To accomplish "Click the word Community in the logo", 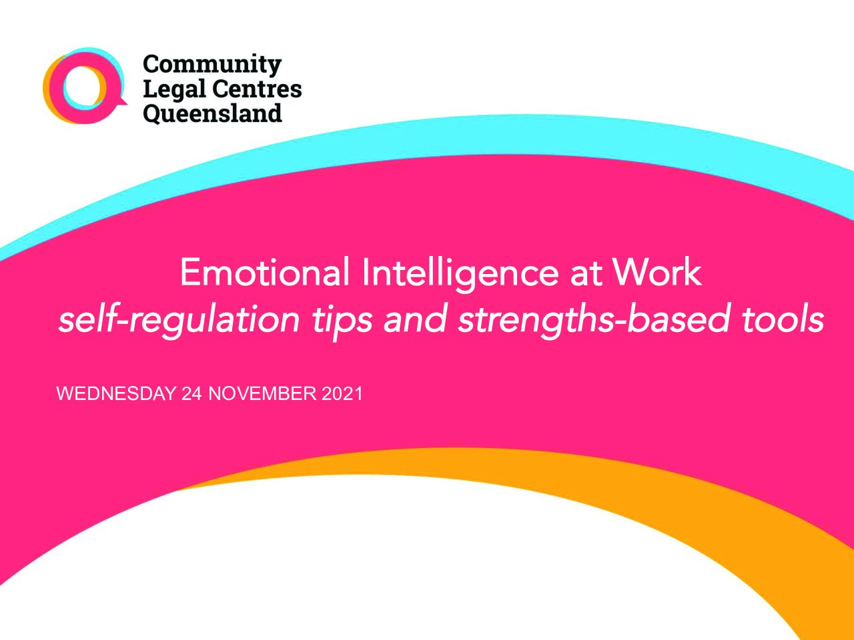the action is (212, 65).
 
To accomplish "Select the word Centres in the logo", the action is (257, 89).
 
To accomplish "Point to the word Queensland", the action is (212, 114).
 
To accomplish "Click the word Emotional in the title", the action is (265, 272).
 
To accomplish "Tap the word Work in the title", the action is (657, 272).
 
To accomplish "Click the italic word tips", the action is (342, 323).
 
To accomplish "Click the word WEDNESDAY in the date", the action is (116, 393).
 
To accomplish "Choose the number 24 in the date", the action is (191, 393).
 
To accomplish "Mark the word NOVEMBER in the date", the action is (263, 393).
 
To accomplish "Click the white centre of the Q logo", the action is (84, 86).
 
